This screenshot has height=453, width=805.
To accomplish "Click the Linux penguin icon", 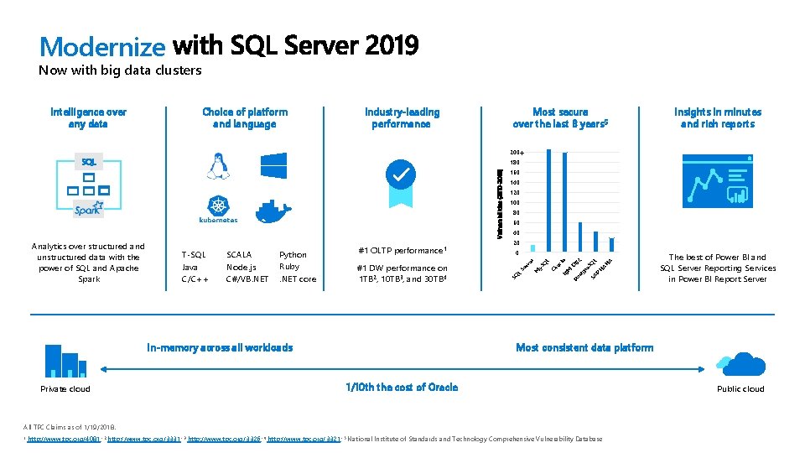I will coord(218,166).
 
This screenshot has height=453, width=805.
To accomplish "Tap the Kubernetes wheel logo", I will coord(218,206).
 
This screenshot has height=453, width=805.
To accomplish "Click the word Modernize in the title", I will coord(101,45).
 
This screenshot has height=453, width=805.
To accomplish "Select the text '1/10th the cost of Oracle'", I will coord(402,387).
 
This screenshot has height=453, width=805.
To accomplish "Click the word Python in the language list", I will coord(293,255).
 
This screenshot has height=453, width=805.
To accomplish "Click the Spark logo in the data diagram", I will coord(88,209).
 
